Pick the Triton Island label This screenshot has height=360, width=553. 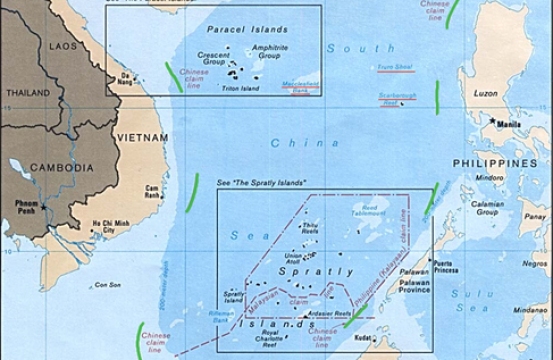click(x=235, y=89)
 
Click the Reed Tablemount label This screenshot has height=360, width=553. click(x=374, y=205)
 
